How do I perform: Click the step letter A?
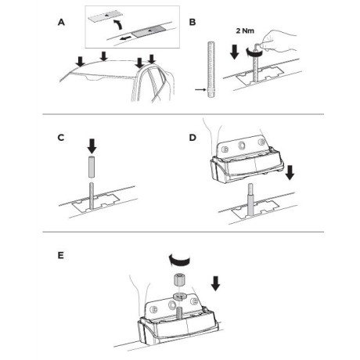click(x=61, y=23)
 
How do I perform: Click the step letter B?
click(x=193, y=23)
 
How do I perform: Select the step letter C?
click(x=61, y=138)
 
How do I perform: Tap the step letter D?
click(x=193, y=138)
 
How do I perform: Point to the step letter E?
click(x=60, y=255)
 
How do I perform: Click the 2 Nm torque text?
click(x=245, y=31)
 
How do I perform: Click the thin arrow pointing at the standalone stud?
click(x=200, y=89)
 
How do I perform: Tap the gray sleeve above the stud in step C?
click(x=92, y=167)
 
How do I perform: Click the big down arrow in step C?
click(x=92, y=146)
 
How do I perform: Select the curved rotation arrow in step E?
click(x=179, y=261)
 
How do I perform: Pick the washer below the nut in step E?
click(x=178, y=297)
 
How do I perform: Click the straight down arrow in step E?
click(x=215, y=284)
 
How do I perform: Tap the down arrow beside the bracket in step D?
click(x=290, y=172)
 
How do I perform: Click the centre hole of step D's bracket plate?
click(x=241, y=145)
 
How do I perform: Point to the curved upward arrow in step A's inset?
click(x=118, y=27)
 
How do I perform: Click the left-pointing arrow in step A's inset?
click(x=125, y=38)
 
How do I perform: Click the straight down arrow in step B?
click(x=235, y=52)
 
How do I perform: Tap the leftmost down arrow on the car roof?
click(x=81, y=61)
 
